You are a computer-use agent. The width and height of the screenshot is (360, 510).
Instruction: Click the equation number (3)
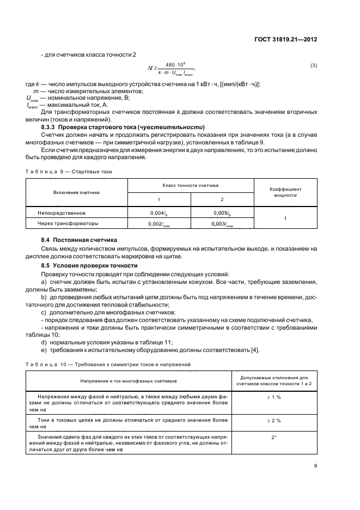coord(314,66)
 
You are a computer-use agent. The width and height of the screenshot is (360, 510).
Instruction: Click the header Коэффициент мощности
coord(285,191)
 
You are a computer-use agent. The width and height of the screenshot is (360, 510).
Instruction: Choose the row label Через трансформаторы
coord(68,223)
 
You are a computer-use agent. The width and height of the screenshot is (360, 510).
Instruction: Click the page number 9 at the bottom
coord(315,466)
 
